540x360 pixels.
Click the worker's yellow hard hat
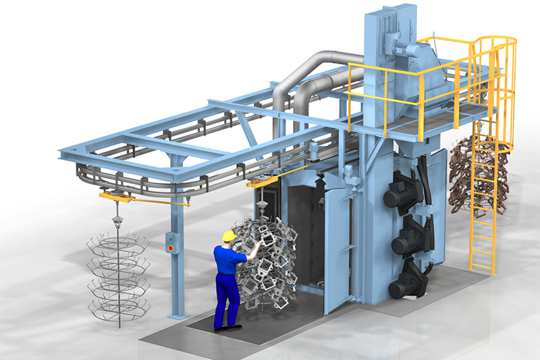229,236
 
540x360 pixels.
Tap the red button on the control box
171,248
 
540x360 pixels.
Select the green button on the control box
171,238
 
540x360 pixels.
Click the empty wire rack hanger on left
118,277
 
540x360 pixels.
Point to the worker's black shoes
227,328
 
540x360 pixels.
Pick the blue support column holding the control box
178,270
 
